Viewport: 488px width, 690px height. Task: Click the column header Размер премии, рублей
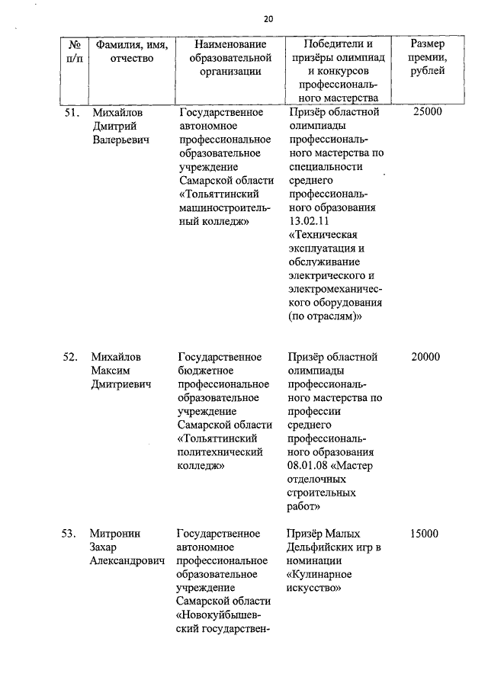coord(426,58)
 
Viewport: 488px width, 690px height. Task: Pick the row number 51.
coord(71,112)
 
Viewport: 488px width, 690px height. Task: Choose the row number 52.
coord(71,357)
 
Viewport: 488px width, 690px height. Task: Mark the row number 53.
coord(71,534)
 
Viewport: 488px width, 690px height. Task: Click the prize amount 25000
coord(426,112)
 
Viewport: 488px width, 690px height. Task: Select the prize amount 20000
coord(426,357)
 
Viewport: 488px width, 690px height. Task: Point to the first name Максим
coord(111,371)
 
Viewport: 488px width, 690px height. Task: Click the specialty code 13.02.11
coord(312,223)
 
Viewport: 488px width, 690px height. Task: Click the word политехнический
coord(220,454)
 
